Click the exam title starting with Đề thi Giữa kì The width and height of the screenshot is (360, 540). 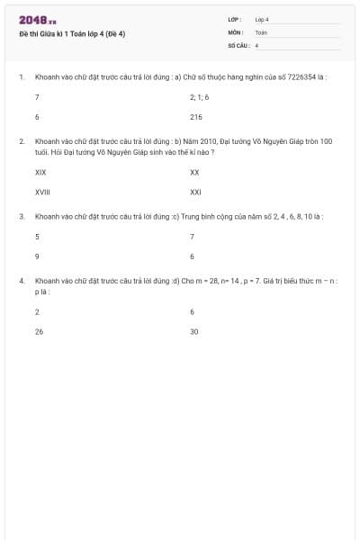pos(71,34)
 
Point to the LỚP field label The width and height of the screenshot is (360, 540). pos(235,19)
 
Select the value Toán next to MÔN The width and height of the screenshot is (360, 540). pos(261,31)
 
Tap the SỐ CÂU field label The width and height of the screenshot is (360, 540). pos(238,44)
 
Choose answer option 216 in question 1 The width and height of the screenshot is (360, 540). pos(196,117)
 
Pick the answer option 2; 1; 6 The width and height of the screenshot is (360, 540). pos(199,95)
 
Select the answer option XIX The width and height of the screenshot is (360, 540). pos(40,171)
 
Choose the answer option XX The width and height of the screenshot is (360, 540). pos(194,171)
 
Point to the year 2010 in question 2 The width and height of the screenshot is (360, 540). pos(205,141)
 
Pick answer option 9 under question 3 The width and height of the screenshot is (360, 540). pos(37,256)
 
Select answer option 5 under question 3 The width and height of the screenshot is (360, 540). pos(37,236)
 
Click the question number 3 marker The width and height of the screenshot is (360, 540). pos(22,217)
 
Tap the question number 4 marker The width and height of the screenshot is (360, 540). pos(22,281)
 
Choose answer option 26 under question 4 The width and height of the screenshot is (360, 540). pos(39,332)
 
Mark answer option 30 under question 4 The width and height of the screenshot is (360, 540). pos(194,332)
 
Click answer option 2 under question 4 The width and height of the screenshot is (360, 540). pos(37,311)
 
